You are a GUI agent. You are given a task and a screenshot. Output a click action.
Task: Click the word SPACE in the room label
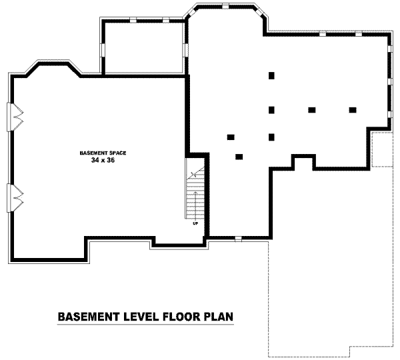click(x=118, y=153)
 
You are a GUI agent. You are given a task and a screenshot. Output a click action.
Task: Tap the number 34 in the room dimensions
click(x=95, y=160)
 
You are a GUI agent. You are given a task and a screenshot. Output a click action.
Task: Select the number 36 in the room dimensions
click(x=111, y=160)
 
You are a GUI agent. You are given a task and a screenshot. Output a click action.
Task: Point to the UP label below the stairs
click(x=195, y=224)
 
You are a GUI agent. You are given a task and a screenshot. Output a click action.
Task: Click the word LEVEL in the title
click(x=140, y=317)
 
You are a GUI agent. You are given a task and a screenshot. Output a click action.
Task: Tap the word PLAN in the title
click(x=219, y=317)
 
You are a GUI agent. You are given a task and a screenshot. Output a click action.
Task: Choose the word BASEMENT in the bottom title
click(x=89, y=317)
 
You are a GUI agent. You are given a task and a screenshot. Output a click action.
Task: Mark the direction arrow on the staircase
click(x=195, y=205)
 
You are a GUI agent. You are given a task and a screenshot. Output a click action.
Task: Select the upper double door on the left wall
click(x=15, y=117)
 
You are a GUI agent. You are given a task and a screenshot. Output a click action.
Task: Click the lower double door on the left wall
click(x=15, y=198)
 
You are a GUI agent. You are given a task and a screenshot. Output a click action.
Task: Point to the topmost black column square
click(x=271, y=75)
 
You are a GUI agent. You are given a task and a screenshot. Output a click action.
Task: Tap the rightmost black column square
click(x=353, y=110)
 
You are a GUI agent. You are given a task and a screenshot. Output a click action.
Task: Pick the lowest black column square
click(x=239, y=157)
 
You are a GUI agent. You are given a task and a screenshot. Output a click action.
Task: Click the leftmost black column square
click(x=231, y=137)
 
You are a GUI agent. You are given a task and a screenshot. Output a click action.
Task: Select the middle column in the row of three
click(x=312, y=110)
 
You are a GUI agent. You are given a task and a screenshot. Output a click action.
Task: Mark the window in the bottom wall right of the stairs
click(x=238, y=239)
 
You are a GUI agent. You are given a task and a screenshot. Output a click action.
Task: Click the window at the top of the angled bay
click(x=225, y=7)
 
